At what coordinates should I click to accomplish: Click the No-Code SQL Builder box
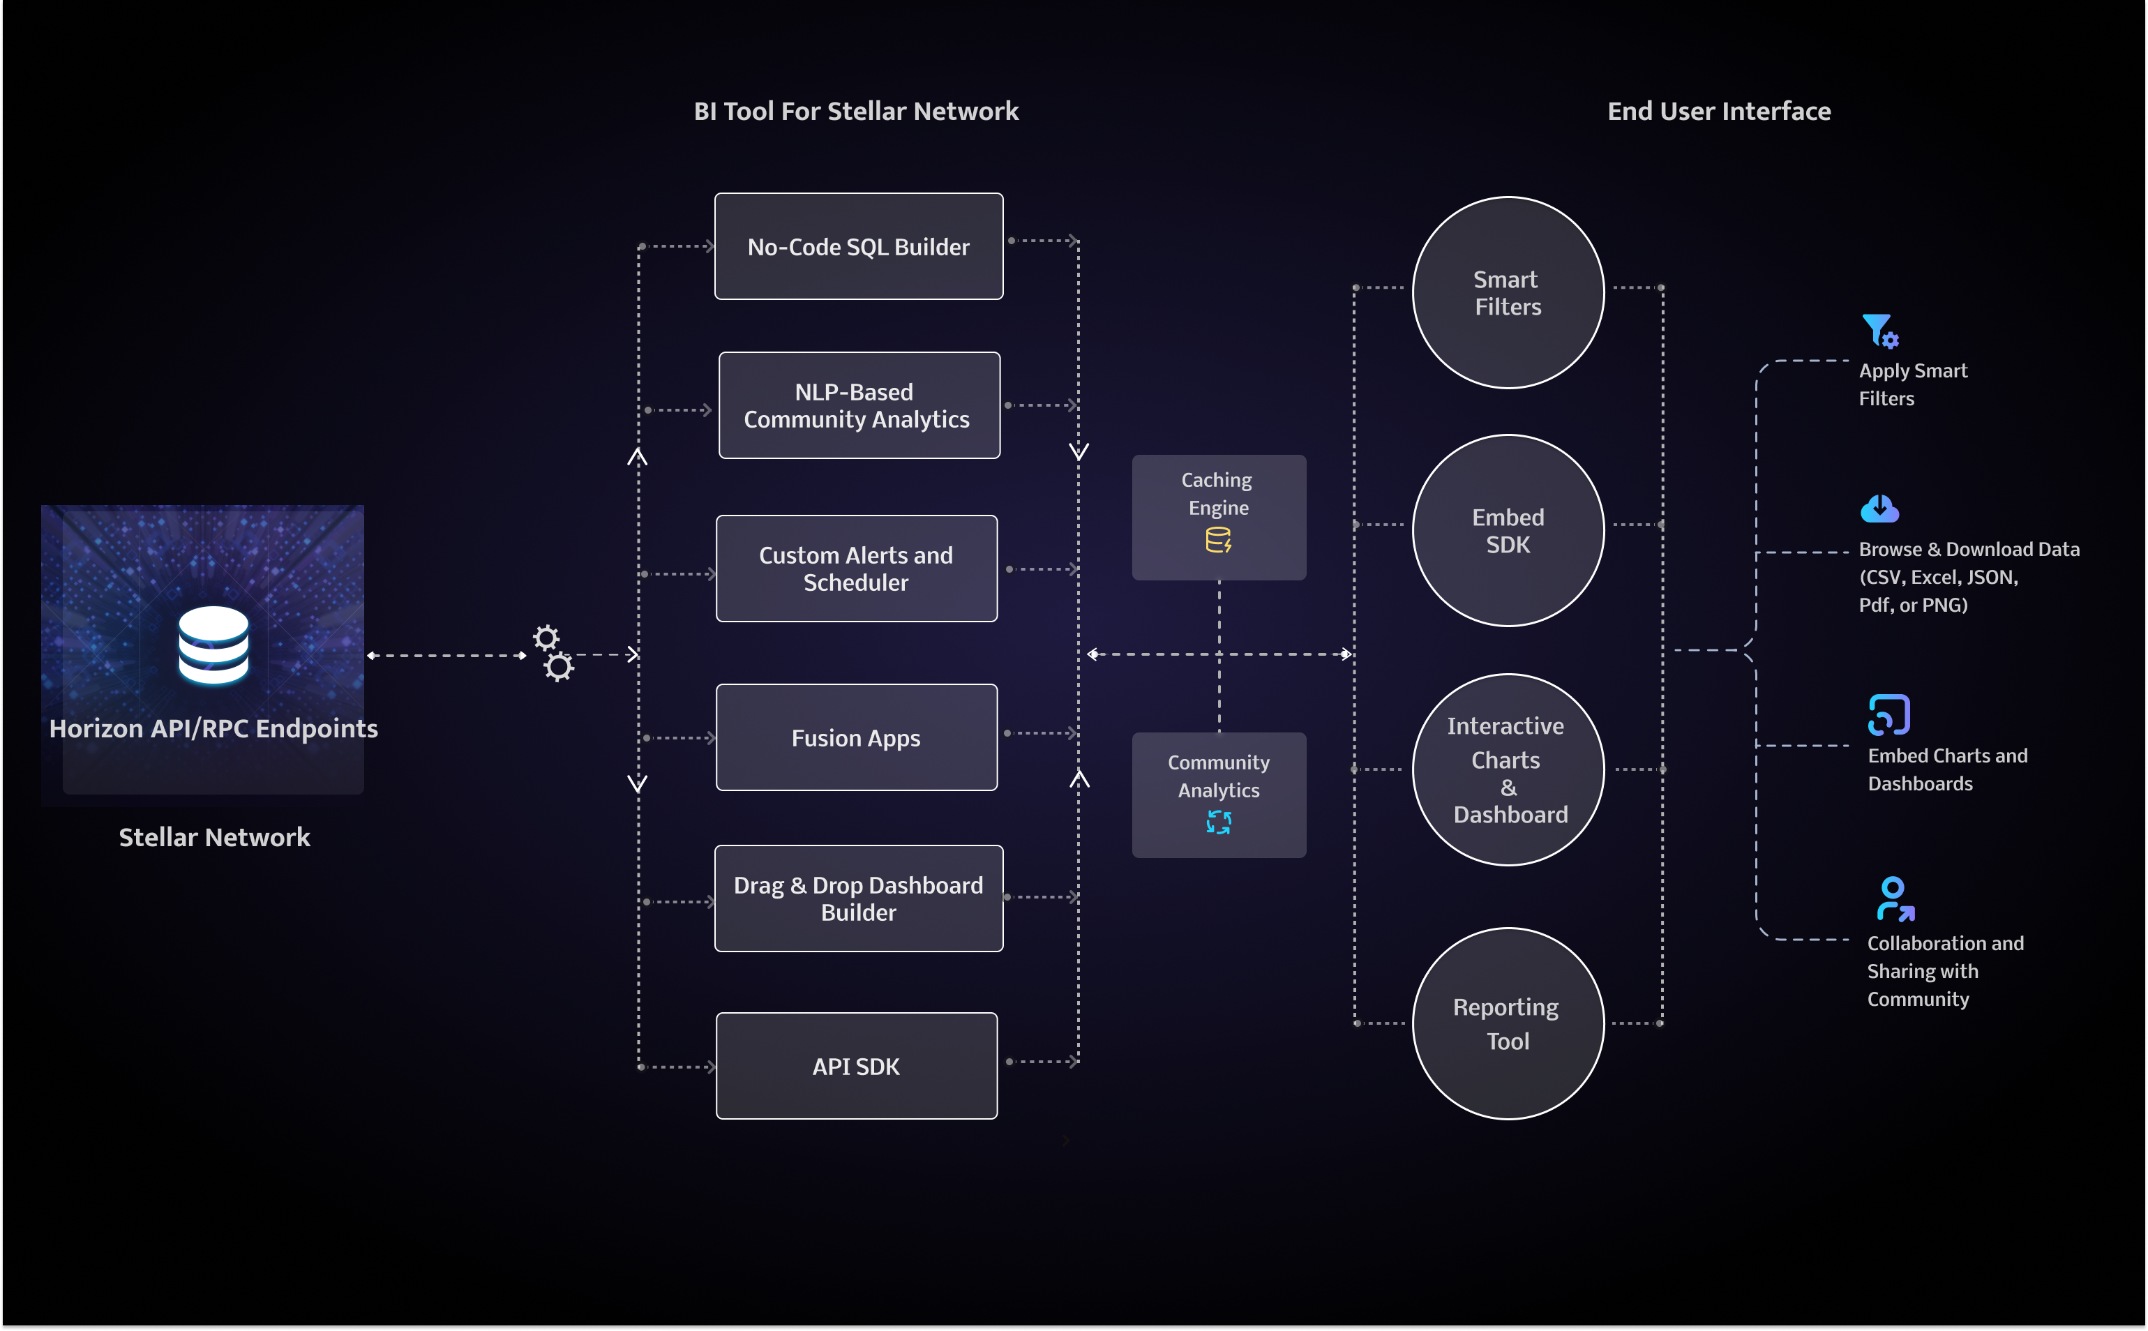pos(858,246)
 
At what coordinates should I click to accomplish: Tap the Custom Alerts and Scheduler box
pos(856,569)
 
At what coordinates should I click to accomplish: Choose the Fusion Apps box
pos(856,737)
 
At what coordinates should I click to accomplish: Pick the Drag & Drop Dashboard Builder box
pos(858,898)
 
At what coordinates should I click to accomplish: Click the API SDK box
pos(856,1066)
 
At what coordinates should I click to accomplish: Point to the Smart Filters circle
pos(1508,292)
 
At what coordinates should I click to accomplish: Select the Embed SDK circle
pos(1508,531)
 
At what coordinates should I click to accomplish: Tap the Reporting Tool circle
pos(1508,1024)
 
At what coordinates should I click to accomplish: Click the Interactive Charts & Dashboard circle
pos(1508,769)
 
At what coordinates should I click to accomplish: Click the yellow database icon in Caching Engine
pos(1218,540)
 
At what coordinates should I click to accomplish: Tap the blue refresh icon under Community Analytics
pos(1218,822)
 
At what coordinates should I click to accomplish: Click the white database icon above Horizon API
pos(213,645)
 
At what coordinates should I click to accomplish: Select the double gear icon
pos(553,653)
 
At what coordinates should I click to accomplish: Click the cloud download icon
pos(1879,508)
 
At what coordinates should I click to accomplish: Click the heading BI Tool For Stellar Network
pos(856,111)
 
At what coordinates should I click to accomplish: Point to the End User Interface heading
pos(1718,111)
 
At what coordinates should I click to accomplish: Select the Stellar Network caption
pos(214,837)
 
